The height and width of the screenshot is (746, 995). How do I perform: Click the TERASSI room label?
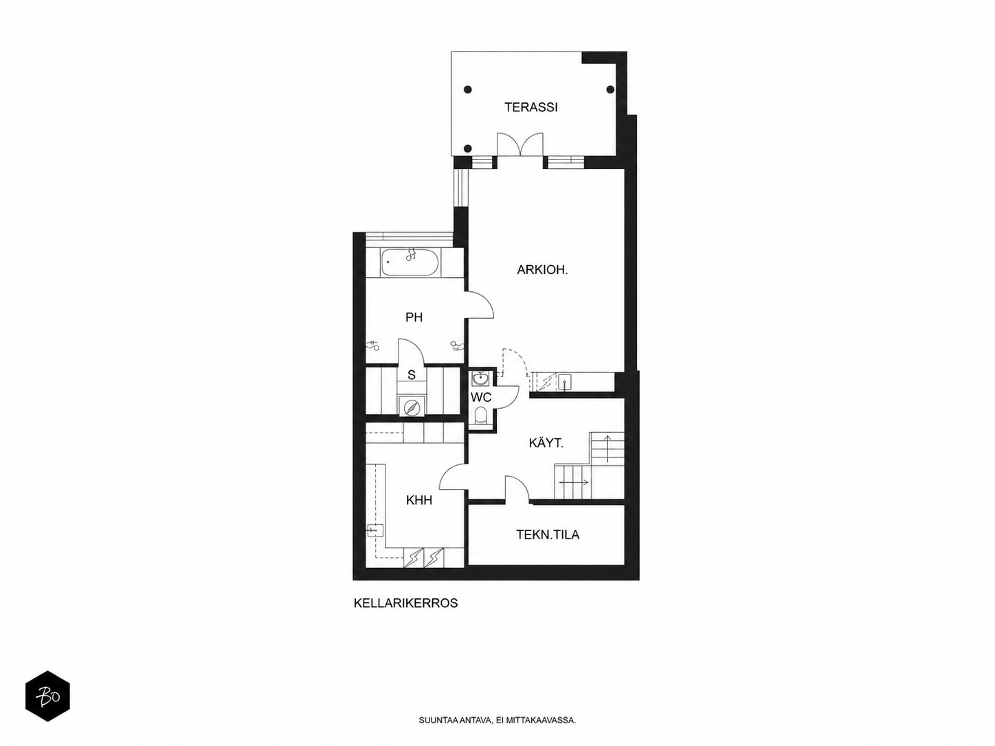tap(530, 107)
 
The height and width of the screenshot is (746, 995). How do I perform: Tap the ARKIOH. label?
tap(542, 270)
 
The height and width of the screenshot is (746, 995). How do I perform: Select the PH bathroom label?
tap(414, 317)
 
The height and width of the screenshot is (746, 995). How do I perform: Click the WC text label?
tap(480, 397)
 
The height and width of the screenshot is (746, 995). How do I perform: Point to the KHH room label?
tap(419, 500)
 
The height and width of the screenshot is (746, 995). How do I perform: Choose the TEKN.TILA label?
tap(548, 534)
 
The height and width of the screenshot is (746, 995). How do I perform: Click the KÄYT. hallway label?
tap(546, 442)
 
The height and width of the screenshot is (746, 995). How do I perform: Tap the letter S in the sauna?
tap(411, 374)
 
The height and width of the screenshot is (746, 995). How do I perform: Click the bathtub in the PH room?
tap(410, 262)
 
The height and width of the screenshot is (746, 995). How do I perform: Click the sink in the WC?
tap(479, 378)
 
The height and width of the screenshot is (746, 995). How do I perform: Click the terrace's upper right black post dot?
tap(610, 89)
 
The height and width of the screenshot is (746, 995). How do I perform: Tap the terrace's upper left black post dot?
tap(468, 89)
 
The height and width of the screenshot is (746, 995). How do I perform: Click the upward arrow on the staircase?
tap(607, 449)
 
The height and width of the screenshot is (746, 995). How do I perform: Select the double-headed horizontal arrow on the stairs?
tap(574, 482)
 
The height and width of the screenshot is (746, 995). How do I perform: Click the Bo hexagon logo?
tap(47, 696)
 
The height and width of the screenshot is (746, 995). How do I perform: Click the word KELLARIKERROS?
tap(405, 603)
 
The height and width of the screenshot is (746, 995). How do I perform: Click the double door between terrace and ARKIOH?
tap(520, 145)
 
